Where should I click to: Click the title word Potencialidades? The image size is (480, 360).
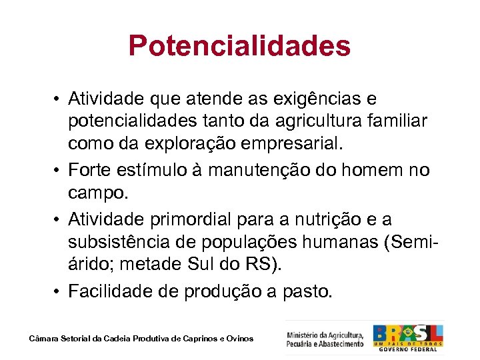pos(239,46)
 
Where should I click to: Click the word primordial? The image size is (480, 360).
pos(197,218)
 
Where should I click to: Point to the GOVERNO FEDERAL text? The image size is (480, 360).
pos(407,349)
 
